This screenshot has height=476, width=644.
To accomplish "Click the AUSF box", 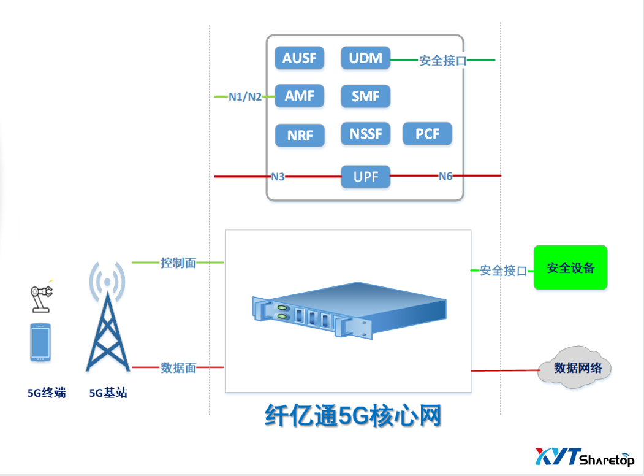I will click(300, 58).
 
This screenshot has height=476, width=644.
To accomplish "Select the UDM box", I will click(365, 58).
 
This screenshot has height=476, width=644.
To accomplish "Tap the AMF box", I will click(299, 96).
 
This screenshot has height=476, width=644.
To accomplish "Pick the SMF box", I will click(365, 96).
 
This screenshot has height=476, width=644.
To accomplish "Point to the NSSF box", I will click(365, 134).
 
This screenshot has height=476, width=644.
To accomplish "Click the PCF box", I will click(427, 134).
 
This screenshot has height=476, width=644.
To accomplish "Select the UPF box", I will click(365, 177).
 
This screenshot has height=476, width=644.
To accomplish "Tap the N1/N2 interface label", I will click(245, 96).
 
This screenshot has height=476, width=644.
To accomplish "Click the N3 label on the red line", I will click(278, 177).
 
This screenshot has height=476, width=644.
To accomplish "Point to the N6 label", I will click(445, 176).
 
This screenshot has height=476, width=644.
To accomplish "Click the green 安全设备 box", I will click(570, 267).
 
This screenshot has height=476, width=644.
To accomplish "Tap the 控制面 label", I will click(178, 263).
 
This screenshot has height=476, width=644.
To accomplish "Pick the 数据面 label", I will click(178, 367).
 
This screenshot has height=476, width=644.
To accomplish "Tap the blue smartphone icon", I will click(40, 342).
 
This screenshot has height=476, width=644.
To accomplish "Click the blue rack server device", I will click(349, 310).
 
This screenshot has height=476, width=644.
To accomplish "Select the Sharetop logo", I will click(585, 457).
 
